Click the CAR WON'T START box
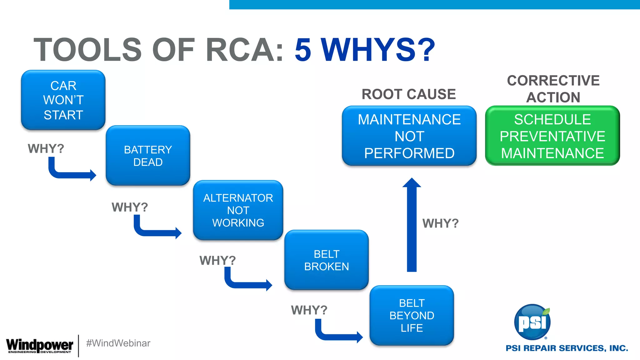pyautogui.click(x=63, y=100)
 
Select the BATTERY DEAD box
pyautogui.click(x=148, y=156)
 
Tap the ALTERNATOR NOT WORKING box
pyautogui.click(x=238, y=210)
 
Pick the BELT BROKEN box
pyautogui.click(x=327, y=260)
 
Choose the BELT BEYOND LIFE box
pyautogui.click(x=412, y=315)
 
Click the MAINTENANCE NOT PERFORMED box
pyautogui.click(x=409, y=136)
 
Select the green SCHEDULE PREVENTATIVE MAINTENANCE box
pyautogui.click(x=552, y=136)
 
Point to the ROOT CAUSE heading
pyautogui.click(x=408, y=94)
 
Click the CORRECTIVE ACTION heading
pyautogui.click(x=553, y=89)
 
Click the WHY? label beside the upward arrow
pyautogui.click(x=440, y=223)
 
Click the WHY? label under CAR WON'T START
pyautogui.click(x=46, y=148)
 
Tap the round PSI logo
pyautogui.click(x=532, y=322)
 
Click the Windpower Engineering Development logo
pyautogui.click(x=39, y=346)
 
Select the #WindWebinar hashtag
pyautogui.click(x=118, y=343)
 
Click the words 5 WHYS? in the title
pyautogui.click(x=364, y=49)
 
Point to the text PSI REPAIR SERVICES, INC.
pyautogui.click(x=567, y=348)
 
